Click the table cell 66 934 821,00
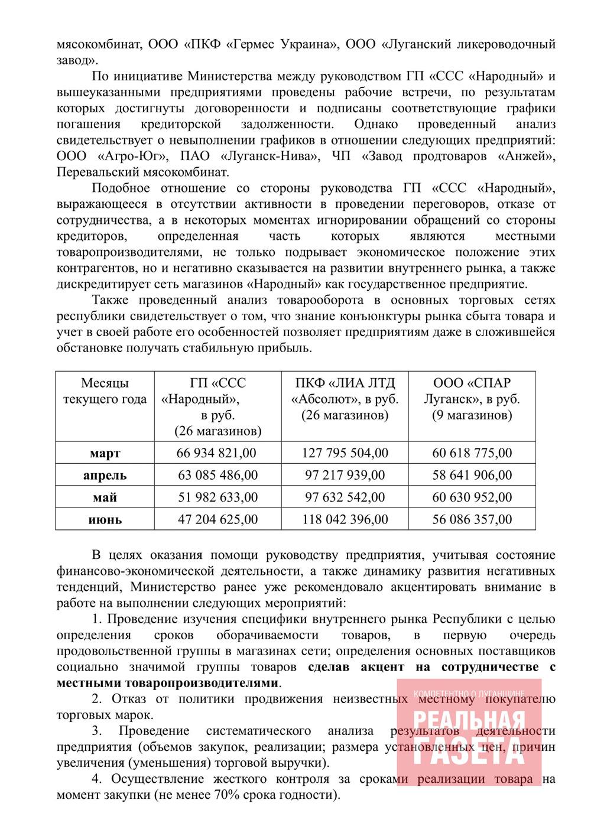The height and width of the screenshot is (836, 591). coord(216,453)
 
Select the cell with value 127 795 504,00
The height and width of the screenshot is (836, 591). coord(345,453)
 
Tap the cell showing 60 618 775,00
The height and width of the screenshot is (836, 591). coord(472,453)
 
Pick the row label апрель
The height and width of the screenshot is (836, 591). coord(105,476)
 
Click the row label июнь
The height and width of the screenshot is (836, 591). coord(105,520)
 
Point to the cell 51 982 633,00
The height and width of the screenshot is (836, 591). coord(217,497)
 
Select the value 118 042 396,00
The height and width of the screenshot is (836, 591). coord(345,520)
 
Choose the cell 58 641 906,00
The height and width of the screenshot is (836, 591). coord(472,476)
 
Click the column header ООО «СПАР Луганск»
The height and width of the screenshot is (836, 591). coord(472,399)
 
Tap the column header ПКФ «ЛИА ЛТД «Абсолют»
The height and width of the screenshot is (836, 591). coord(345,399)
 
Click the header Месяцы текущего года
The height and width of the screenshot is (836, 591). coord(105,391)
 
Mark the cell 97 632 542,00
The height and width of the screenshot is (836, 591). coord(345,497)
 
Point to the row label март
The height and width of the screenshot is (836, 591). coord(105,454)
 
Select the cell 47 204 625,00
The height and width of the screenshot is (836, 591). coord(217,520)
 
